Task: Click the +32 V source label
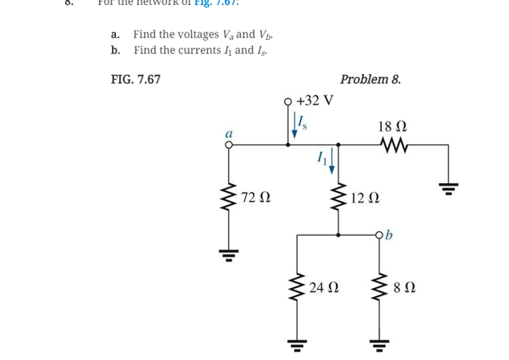[315, 101]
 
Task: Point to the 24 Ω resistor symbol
[297, 287]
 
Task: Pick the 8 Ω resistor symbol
[379, 287]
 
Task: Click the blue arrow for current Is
[294, 125]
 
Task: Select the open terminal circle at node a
[229, 146]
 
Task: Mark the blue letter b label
[391, 235]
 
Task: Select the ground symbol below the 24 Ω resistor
[297, 346]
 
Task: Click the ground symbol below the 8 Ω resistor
[379, 346]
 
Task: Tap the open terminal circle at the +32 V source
[289, 102]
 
